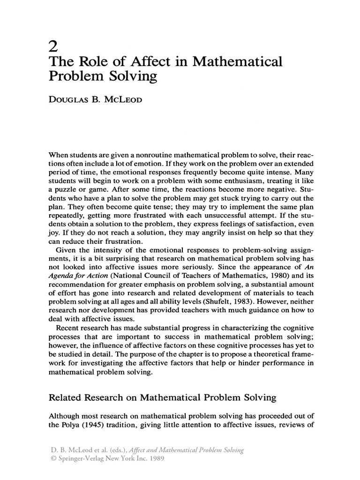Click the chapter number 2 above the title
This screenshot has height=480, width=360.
tap(53, 47)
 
